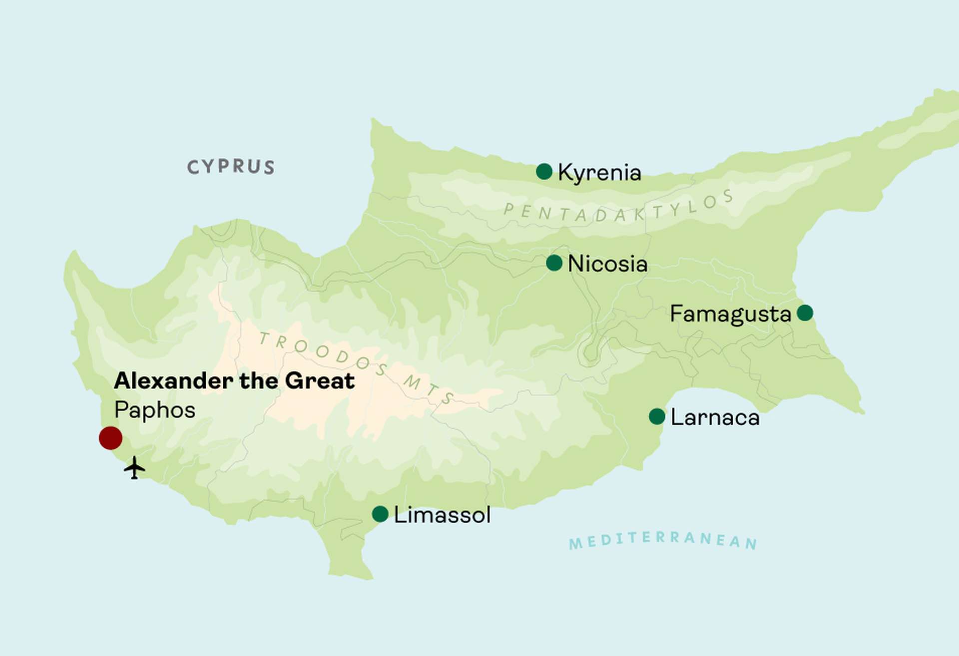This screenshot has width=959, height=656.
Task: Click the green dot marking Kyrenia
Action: click(544, 171)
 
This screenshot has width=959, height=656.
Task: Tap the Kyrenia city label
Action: click(599, 173)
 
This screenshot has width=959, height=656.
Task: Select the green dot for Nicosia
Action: click(554, 263)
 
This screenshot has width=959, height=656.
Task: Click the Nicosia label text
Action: click(607, 264)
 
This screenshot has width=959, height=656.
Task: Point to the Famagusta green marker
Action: click(805, 313)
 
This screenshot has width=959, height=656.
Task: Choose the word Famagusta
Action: click(730, 315)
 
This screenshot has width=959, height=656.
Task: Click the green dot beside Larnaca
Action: click(657, 416)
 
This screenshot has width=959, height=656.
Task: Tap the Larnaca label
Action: click(715, 417)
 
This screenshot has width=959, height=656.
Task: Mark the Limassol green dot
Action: click(380, 514)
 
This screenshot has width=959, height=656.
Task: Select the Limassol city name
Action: click(442, 515)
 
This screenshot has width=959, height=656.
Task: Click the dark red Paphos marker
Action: click(110, 438)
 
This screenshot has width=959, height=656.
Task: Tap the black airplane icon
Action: click(134, 468)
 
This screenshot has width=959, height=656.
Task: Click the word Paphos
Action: click(154, 410)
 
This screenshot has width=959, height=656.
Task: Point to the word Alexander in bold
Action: click(174, 381)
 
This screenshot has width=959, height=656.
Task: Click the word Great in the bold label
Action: click(320, 381)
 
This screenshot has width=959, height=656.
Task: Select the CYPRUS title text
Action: click(231, 167)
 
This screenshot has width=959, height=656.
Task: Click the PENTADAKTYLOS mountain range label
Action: click(618, 208)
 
